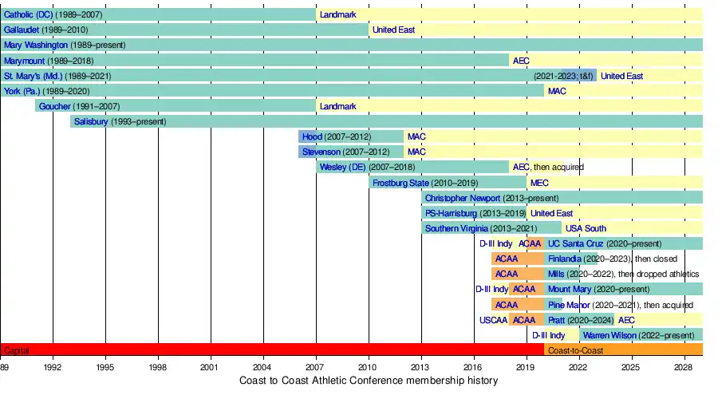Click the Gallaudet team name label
[22, 30]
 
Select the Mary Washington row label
[35, 45]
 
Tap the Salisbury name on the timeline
[90, 121]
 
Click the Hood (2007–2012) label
[312, 136]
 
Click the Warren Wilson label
[610, 335]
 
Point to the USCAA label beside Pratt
[493, 320]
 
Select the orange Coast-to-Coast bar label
[575, 350]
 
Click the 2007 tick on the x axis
[316, 368]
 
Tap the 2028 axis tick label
[684, 368]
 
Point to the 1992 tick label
[53, 368]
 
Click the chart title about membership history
[369, 381]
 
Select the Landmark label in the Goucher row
[338, 106]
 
